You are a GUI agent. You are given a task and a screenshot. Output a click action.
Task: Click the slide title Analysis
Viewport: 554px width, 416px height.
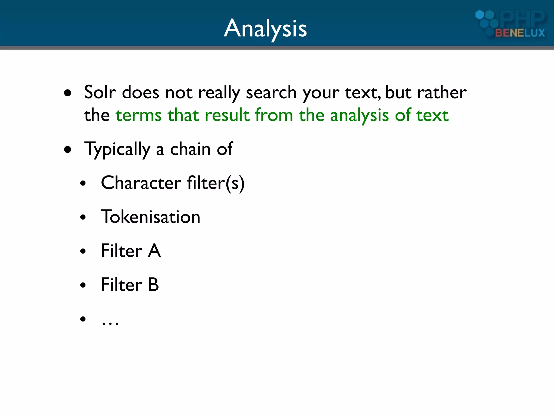coord(265,29)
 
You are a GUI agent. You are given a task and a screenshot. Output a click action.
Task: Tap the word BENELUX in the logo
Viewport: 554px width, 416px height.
coord(520,33)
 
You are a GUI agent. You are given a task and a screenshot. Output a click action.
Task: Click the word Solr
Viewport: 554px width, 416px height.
coord(100,92)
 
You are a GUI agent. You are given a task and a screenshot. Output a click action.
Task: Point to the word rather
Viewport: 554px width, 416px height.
coord(442,92)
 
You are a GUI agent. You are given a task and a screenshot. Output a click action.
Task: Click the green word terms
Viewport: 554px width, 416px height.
coord(138,115)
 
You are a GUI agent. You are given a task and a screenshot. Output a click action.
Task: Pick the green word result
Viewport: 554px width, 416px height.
coord(227,115)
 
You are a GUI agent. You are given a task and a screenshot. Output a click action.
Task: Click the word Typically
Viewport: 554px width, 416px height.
coord(117,149)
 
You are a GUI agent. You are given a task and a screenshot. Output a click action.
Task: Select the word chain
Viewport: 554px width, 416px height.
coord(190,149)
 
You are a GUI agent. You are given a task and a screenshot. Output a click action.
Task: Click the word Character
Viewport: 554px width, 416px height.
coord(141,183)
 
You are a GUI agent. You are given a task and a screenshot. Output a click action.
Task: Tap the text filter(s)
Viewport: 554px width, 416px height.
coord(216,183)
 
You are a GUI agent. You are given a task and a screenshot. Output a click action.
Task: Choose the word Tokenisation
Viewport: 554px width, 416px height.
coord(150,217)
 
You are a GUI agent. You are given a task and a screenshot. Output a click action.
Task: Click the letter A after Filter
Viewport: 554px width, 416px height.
coord(154,251)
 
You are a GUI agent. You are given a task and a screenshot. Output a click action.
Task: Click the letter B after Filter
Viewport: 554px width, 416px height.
coord(153,285)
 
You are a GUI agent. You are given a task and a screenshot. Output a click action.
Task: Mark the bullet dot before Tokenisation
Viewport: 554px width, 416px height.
coord(83,217)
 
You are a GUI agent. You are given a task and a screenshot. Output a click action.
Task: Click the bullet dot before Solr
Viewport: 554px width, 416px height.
coord(68,93)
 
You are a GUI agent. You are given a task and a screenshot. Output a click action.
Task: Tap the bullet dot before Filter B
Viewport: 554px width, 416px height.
coord(83,285)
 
